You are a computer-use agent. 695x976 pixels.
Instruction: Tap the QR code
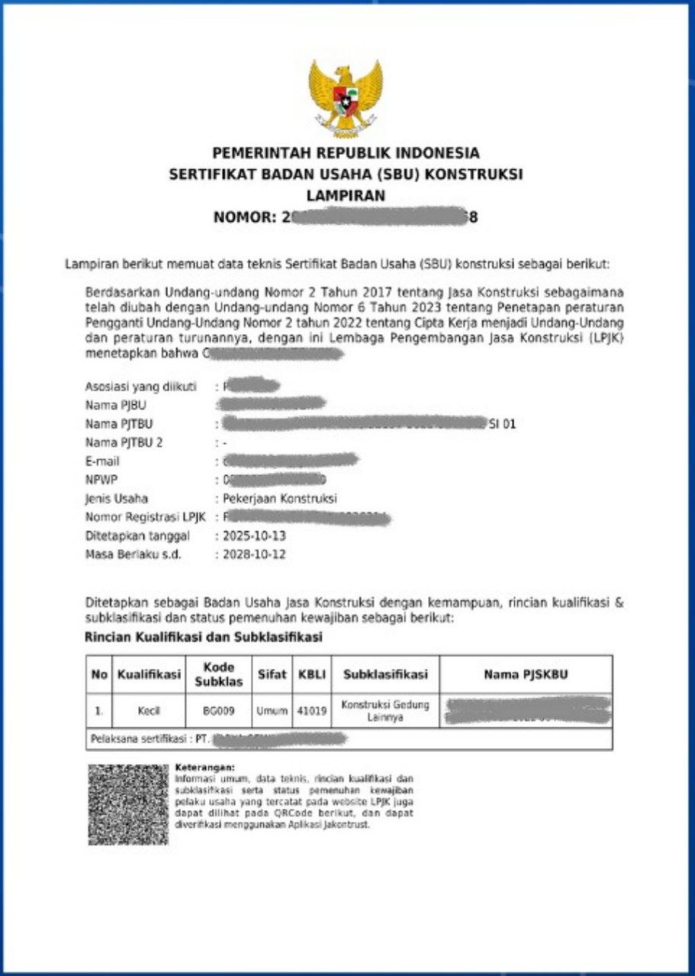[127, 804]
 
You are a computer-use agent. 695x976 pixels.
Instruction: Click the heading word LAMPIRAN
[346, 196]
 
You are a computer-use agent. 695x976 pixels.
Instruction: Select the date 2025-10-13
[254, 536]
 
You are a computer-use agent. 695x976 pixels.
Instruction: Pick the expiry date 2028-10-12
[254, 554]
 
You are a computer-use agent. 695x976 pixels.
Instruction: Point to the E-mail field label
[103, 461]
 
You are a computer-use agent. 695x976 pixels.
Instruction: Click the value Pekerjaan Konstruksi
[279, 499]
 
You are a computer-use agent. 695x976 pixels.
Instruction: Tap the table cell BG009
[219, 711]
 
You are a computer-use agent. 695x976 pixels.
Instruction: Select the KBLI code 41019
[312, 711]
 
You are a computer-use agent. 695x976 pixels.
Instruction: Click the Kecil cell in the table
[148, 711]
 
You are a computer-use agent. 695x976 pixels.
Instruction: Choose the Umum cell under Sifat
[272, 711]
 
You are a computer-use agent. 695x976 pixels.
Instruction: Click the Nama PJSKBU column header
[526, 675]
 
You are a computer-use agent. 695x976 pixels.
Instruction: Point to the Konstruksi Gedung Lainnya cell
[385, 711]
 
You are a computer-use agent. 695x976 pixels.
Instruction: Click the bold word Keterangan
[205, 766]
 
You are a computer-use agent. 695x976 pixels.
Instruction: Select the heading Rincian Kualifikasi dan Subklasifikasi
[204, 636]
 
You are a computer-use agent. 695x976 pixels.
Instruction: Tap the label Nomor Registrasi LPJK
[146, 518]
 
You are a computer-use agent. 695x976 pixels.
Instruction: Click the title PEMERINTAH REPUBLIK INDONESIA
[346, 152]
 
